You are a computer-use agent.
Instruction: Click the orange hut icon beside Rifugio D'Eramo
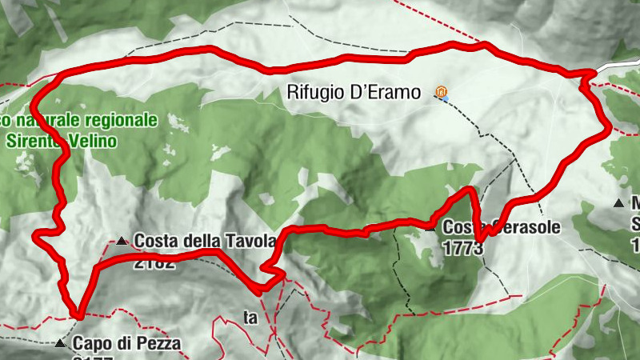(440, 92)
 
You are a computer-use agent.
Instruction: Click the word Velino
(96, 141)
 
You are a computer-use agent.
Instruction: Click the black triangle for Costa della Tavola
(121, 241)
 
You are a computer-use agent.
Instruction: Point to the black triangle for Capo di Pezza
(60, 344)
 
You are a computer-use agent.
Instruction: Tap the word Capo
(90, 345)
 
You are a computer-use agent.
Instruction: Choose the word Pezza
(158, 345)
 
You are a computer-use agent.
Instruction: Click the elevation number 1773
(463, 249)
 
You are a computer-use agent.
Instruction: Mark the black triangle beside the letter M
(618, 203)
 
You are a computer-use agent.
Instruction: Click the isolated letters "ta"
(251, 318)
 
